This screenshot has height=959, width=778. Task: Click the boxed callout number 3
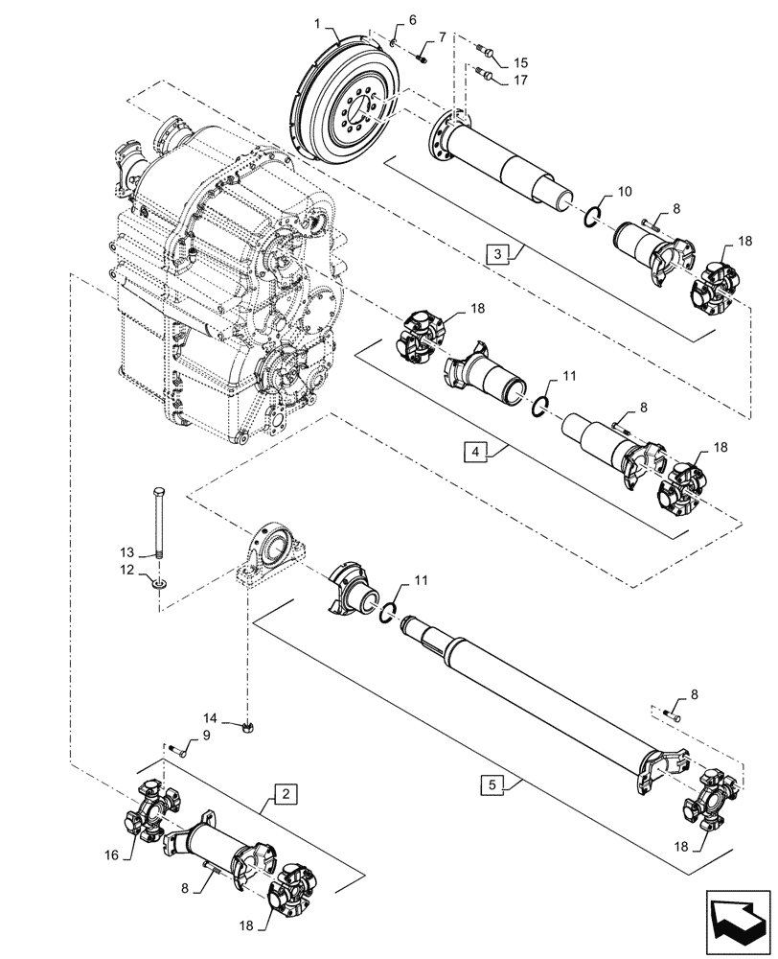[x=497, y=254]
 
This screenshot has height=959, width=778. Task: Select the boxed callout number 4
[x=475, y=450]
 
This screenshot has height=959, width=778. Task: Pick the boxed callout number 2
[x=284, y=793]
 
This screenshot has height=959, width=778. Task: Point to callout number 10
[x=624, y=192]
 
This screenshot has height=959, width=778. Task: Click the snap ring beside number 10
[x=593, y=218]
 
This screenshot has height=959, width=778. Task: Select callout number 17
[x=519, y=81]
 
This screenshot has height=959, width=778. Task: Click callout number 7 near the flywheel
[x=442, y=37]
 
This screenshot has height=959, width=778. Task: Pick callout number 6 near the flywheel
[x=413, y=19]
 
